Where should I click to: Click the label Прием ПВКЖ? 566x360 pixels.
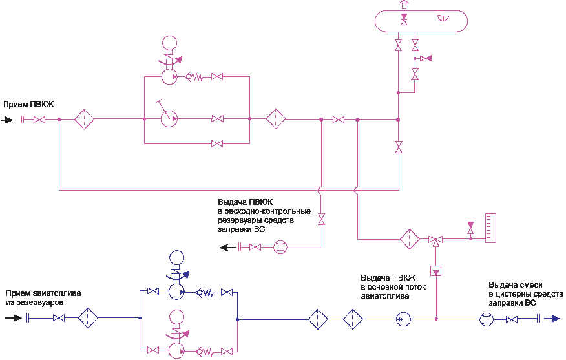click(28, 105)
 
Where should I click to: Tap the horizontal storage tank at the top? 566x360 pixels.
click(421, 21)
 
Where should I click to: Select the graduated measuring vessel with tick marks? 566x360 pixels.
click(490, 228)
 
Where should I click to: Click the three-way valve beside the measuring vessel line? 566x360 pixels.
click(435, 240)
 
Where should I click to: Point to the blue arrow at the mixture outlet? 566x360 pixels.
click(552, 319)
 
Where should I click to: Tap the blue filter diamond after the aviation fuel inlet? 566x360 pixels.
click(88, 318)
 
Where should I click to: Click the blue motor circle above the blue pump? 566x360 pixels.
click(176, 259)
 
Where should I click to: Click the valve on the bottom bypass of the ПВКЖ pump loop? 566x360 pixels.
click(217, 143)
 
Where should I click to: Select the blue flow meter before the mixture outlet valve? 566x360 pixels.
click(487, 319)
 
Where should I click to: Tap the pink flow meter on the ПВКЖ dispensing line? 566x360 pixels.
click(280, 247)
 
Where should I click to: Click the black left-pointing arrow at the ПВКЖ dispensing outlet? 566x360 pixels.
click(228, 248)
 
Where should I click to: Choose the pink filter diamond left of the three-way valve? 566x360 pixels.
click(410, 239)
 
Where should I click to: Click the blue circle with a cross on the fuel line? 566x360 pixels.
click(403, 319)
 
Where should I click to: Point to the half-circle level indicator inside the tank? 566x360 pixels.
click(443, 17)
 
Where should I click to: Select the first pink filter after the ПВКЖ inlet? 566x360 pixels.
click(84, 119)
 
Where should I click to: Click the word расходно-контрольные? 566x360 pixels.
click(267, 211)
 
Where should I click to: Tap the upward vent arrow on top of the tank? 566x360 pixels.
click(404, 5)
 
